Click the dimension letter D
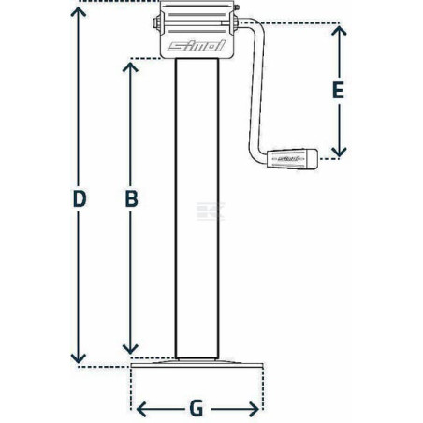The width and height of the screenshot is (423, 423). point(80,199)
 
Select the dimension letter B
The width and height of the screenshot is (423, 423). point(131,199)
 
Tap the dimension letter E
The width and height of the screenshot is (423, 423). point(339,90)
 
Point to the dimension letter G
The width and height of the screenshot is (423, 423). point(197,409)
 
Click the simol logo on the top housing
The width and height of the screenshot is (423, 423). point(197,46)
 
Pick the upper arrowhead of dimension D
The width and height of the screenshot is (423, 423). point(79,12)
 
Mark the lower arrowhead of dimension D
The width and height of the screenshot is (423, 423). point(79,358)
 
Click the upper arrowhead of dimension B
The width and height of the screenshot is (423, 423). point(130,67)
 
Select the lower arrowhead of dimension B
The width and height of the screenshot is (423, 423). point(130,348)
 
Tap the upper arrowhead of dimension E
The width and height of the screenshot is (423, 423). point(339,31)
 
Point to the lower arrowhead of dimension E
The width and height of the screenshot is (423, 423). point(339,152)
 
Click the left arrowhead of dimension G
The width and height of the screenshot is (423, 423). point(142,409)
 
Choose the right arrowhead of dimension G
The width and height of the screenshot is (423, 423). point(254,409)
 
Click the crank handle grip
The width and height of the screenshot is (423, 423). point(292,159)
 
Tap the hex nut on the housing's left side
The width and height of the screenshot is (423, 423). point(155,23)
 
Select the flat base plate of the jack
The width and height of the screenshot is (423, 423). point(197,364)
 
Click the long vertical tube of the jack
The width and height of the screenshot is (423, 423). point(197,209)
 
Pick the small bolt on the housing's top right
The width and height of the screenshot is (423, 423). point(236,7)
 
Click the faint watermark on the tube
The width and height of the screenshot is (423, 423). point(211,211)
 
